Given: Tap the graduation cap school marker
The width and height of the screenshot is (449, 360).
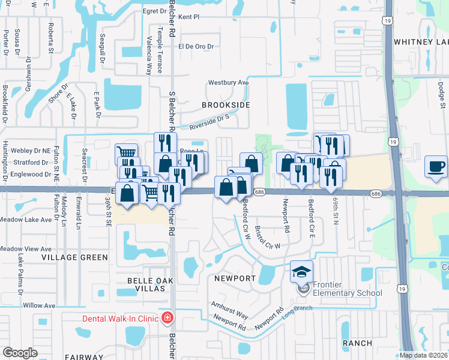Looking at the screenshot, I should (301, 272).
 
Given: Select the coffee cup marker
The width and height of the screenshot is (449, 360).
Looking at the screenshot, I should (436, 166).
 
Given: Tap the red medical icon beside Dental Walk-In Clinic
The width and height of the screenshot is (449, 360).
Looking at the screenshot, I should (169, 317).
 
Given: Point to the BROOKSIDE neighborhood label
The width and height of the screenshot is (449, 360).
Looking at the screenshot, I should (226, 105).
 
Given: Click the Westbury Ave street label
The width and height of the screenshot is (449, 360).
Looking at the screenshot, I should (228, 83).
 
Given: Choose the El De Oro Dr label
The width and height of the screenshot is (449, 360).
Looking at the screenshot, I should (195, 46).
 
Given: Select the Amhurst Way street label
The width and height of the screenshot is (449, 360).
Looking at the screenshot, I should (229, 310).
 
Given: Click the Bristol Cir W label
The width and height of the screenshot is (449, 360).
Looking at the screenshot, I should (268, 238).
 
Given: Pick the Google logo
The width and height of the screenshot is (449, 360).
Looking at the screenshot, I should (20, 353).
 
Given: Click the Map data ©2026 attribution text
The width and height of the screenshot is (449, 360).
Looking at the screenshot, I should (424, 355).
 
